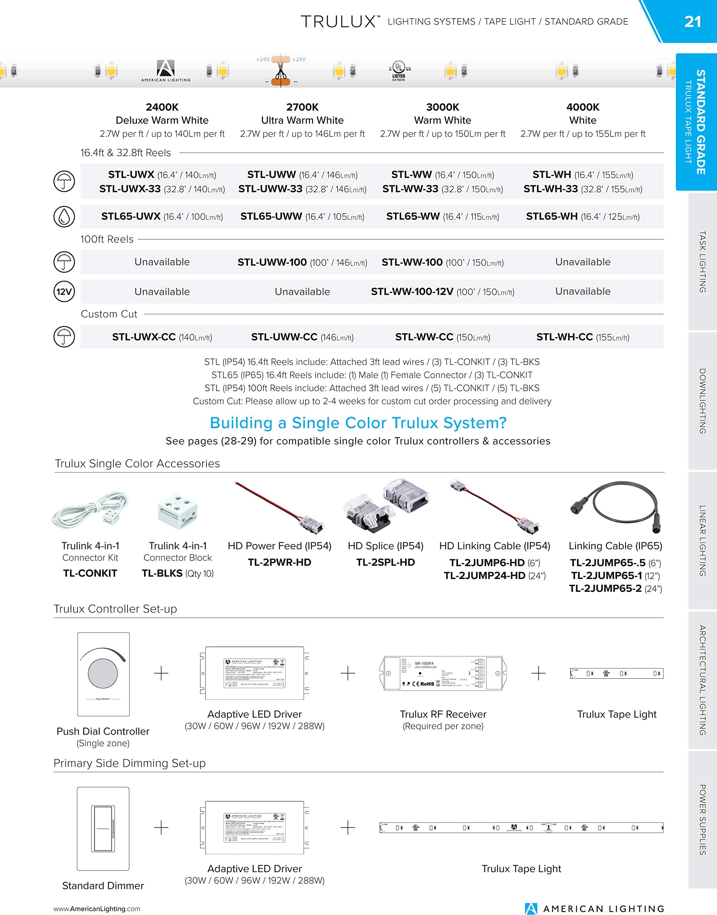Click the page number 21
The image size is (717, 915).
[692, 21]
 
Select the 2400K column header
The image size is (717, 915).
[162, 107]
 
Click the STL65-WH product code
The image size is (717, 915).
[552, 216]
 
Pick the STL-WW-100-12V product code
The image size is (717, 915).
[412, 291]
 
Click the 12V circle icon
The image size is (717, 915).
[64, 291]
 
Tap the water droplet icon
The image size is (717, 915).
[64, 217]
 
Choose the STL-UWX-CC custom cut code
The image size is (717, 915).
[144, 337]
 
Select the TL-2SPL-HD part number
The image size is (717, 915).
[385, 562]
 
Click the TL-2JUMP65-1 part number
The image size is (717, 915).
[606, 575]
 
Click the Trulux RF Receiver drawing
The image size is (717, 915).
[443, 673]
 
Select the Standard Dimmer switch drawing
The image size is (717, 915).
[103, 828]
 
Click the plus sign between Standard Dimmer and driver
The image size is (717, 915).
[161, 828]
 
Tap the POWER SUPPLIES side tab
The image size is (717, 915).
[702, 819]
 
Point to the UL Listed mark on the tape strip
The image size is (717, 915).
[399, 70]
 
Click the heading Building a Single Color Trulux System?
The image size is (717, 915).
[358, 423]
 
